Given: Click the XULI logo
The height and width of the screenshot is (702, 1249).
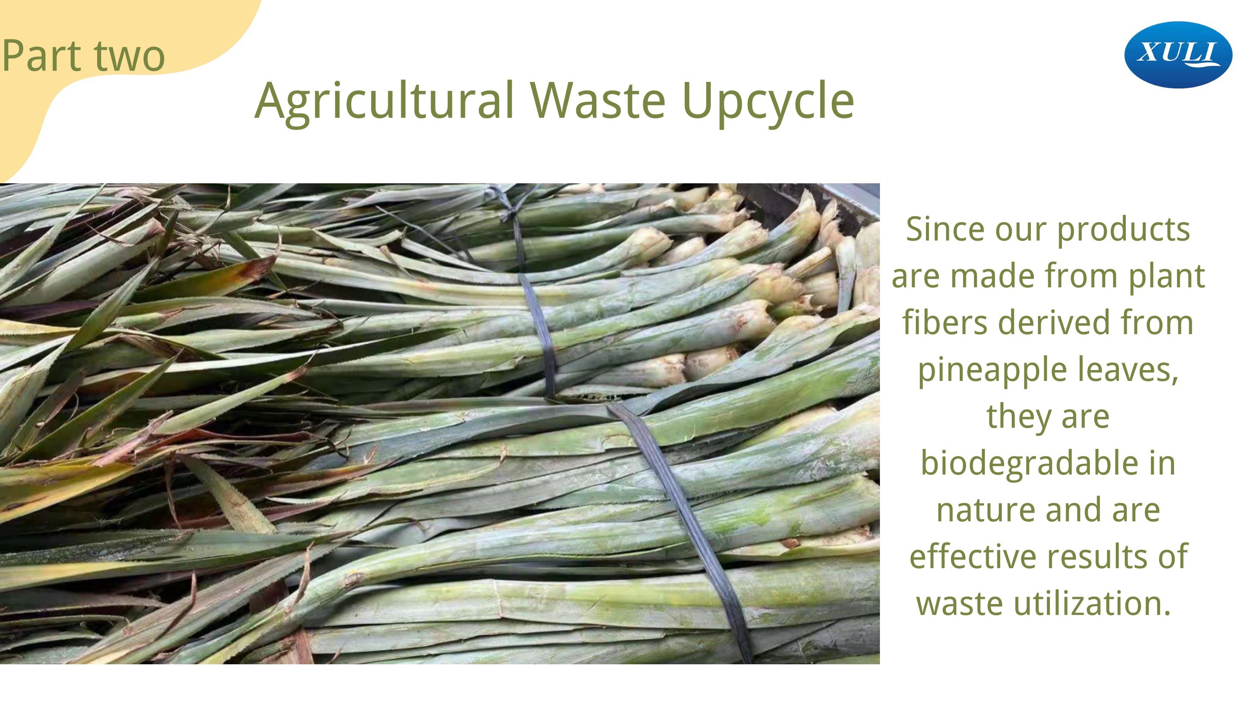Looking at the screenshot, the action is point(1178,55).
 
